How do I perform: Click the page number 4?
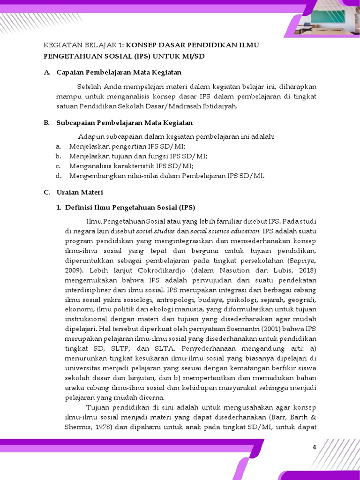[x=315, y=448]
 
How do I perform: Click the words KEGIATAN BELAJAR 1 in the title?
[x=82, y=45]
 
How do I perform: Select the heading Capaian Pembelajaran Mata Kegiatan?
[x=119, y=72]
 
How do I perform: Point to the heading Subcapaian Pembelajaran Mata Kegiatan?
[x=124, y=123]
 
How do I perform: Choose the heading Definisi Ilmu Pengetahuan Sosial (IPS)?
[x=130, y=207]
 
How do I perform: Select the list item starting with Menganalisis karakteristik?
[x=131, y=166]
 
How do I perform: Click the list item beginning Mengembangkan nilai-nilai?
[x=166, y=176]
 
